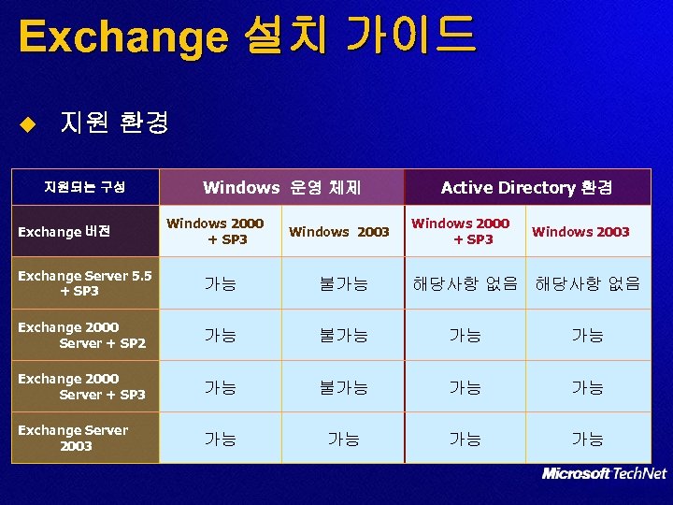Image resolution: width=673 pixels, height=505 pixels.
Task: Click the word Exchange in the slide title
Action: [x=122, y=36]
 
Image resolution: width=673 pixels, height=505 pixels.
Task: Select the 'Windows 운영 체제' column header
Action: [x=281, y=187]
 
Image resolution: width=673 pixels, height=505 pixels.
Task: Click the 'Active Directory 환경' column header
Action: [x=526, y=187]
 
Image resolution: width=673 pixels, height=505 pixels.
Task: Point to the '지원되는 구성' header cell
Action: [x=84, y=187]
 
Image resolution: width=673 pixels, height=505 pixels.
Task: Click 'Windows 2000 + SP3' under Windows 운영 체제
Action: [x=215, y=231]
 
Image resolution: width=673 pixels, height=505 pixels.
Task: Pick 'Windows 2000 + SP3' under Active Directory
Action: [x=461, y=231]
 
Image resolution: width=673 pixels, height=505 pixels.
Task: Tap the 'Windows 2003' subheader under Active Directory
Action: [x=580, y=231]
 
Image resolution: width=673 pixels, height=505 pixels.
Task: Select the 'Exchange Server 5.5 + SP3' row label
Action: [x=85, y=283]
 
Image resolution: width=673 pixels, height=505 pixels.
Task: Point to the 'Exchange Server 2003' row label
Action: [x=74, y=438]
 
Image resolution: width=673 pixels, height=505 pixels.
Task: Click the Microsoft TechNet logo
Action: [x=604, y=474]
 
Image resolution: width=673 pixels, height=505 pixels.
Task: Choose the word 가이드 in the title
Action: [x=410, y=36]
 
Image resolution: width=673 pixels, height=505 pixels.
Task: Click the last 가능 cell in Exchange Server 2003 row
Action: [x=587, y=438]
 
